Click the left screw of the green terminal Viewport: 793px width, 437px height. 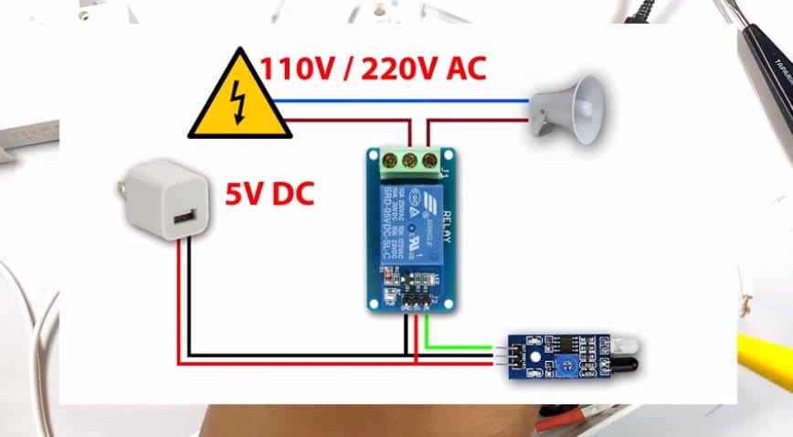pos(386,163)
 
